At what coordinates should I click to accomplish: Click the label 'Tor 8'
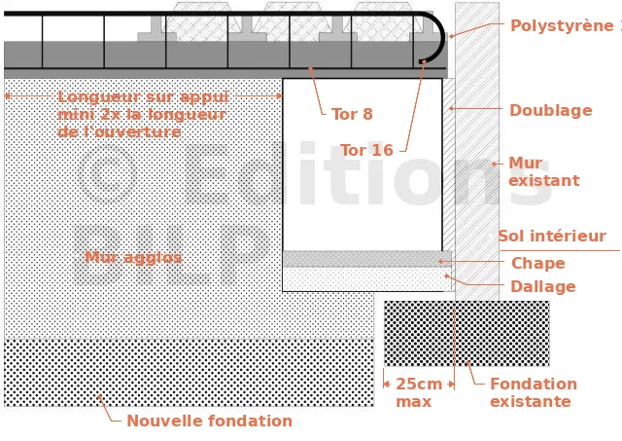(352, 115)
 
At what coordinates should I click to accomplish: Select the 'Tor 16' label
(366, 151)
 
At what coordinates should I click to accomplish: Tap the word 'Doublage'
(550, 111)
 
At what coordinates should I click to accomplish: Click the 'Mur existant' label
(543, 172)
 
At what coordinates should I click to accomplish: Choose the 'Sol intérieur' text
(551, 237)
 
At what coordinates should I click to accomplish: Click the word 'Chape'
(537, 264)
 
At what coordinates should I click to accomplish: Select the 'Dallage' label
(542, 287)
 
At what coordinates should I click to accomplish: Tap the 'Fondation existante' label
(533, 392)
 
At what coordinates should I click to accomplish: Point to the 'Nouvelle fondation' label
(209, 422)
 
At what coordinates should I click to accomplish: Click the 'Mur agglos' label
(133, 258)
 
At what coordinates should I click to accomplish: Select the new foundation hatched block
(189, 373)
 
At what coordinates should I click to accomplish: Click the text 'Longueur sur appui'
(143, 97)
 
